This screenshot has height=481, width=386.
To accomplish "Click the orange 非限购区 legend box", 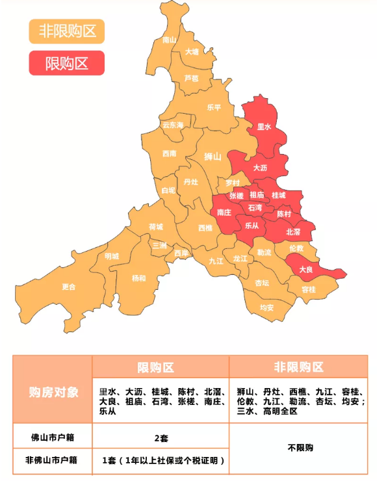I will click(66, 31).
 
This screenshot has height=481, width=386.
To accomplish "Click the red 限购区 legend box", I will click(66, 63).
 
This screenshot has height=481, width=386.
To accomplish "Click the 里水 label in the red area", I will click(264, 127).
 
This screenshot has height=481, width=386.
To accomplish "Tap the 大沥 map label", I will click(260, 168).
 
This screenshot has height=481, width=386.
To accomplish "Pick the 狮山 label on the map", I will click(212, 157).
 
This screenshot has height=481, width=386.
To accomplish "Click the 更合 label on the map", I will click(69, 287).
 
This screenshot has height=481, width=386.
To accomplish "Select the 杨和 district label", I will click(138, 278).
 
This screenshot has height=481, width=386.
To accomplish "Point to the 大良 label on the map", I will click(306, 268).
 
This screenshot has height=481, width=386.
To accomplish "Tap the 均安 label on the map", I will click(266, 307).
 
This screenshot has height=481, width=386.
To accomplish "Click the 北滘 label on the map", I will click(293, 231).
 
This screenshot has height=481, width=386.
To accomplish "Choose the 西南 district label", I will click(170, 154).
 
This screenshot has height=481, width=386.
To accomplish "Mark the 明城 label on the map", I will click(112, 256).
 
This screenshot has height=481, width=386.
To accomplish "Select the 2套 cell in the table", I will click(161, 438).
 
